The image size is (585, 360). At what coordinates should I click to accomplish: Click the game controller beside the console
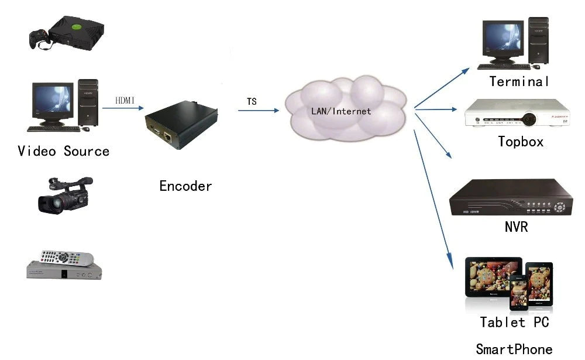coord(39,38)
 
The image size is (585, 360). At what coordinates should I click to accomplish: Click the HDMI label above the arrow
coord(125,100)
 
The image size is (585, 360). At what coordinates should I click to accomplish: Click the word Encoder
coord(185,186)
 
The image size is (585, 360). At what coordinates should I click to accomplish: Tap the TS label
coord(252,101)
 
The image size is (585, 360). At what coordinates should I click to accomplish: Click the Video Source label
coord(64,151)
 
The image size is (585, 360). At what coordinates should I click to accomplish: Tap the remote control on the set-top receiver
coord(67,257)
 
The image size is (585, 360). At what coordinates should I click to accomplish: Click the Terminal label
coord(519,81)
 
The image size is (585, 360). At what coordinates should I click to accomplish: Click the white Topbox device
coord(517,114)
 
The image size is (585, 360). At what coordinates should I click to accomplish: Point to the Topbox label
coord(521,141)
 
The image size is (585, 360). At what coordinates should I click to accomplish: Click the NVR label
coord(516,227)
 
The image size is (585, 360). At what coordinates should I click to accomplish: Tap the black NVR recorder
coord(511,199)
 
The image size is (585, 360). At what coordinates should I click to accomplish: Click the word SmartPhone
coord(514,349)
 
